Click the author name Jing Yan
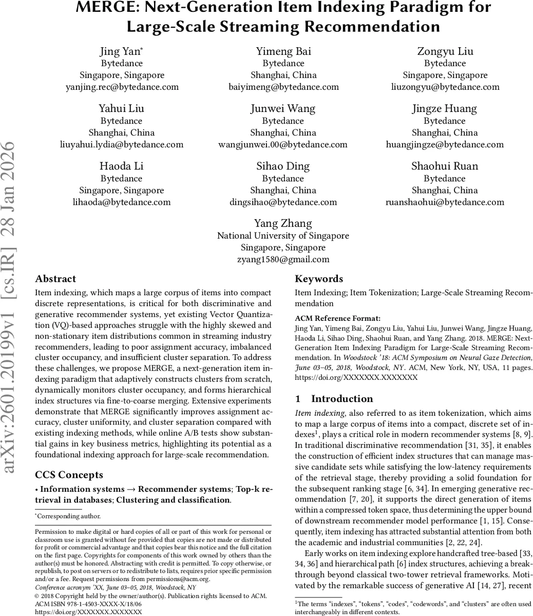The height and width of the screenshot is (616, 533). (x=121, y=51)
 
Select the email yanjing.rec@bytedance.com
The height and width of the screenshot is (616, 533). (x=122, y=87)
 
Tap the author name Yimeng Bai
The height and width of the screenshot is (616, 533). (x=283, y=51)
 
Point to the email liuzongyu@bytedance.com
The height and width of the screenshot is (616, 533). (x=445, y=87)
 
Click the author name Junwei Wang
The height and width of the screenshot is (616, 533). (x=283, y=108)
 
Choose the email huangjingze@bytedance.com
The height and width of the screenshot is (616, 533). (x=445, y=144)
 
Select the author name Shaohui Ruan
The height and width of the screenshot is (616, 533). (x=445, y=166)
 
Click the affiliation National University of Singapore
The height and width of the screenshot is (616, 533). (x=283, y=236)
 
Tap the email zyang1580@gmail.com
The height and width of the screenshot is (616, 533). (x=283, y=259)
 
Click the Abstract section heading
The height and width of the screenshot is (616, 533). (x=55, y=279)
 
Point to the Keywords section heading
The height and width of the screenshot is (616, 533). (x=319, y=279)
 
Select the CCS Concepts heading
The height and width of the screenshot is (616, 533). (x=69, y=475)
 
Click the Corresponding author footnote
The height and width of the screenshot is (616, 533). (x=68, y=516)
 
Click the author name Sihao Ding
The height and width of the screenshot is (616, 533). (x=283, y=166)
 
